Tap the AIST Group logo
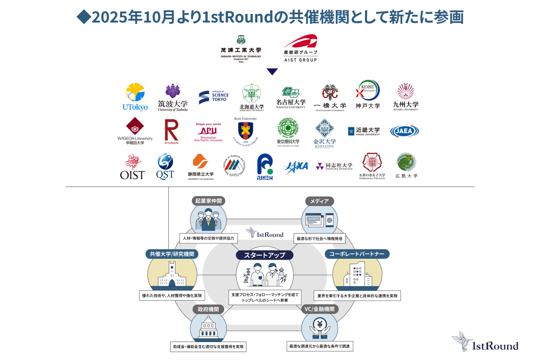[301, 48]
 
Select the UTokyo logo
[135, 97]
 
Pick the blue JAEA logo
[404, 131]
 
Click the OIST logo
[132, 167]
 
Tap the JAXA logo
[296, 166]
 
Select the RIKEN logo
[265, 167]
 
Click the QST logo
[165, 166]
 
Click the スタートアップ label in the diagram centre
[265, 255]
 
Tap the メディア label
[319, 201]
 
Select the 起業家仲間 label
[208, 201]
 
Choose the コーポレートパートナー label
[357, 254]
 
